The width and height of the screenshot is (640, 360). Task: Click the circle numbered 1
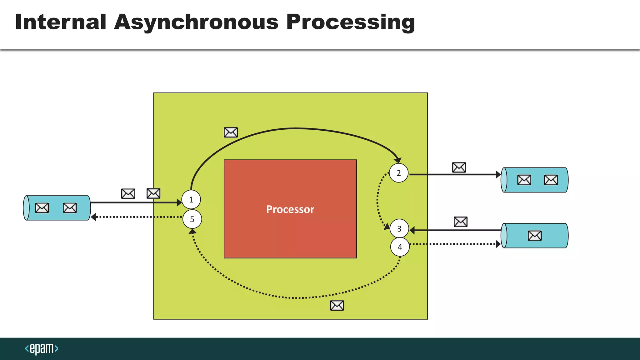pyautogui.click(x=191, y=200)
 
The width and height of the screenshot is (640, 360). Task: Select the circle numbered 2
pyautogui.click(x=399, y=173)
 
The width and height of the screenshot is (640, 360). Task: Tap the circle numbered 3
pyautogui.click(x=399, y=229)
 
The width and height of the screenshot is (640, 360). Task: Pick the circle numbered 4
pyautogui.click(x=400, y=247)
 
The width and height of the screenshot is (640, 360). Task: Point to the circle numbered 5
pyautogui.click(x=192, y=219)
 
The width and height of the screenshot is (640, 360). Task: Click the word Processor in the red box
pyautogui.click(x=290, y=209)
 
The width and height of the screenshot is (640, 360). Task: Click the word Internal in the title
pyautogui.click(x=61, y=22)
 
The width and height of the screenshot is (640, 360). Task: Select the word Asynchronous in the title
pyautogui.click(x=196, y=22)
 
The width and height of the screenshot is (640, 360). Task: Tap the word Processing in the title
pyautogui.click(x=350, y=22)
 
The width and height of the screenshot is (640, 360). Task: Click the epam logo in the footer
pyautogui.click(x=42, y=348)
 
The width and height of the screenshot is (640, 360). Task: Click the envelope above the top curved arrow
pyautogui.click(x=231, y=132)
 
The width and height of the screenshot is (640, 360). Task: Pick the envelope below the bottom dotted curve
pyautogui.click(x=337, y=305)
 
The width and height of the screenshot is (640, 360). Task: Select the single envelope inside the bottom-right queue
pyautogui.click(x=535, y=236)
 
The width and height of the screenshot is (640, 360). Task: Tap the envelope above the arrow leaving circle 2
pyautogui.click(x=459, y=167)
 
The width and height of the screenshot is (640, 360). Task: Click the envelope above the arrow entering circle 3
pyautogui.click(x=461, y=222)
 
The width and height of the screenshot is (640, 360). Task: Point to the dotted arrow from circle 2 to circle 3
pyautogui.click(x=377, y=200)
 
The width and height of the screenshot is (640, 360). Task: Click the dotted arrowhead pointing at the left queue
pyautogui.click(x=93, y=217)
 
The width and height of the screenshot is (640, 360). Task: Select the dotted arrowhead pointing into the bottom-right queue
pyautogui.click(x=498, y=244)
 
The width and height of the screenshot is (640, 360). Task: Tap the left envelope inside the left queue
pyautogui.click(x=42, y=208)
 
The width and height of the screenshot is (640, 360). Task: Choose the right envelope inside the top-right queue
pyautogui.click(x=551, y=180)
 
